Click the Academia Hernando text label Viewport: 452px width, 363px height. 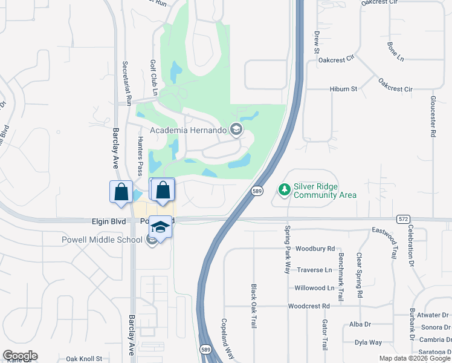188,130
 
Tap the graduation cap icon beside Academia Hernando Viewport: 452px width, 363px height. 236,129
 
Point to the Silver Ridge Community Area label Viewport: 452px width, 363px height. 324,191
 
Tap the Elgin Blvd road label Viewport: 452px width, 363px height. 109,222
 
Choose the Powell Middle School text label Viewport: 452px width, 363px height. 102,240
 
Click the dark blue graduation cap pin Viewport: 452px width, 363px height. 160,226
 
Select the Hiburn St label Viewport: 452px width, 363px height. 344,89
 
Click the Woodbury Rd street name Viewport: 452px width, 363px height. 315,249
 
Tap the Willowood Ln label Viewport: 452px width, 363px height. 314,288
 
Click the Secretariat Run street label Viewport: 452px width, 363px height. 128,84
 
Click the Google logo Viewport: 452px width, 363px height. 20,356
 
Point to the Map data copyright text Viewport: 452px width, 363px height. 415,358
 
